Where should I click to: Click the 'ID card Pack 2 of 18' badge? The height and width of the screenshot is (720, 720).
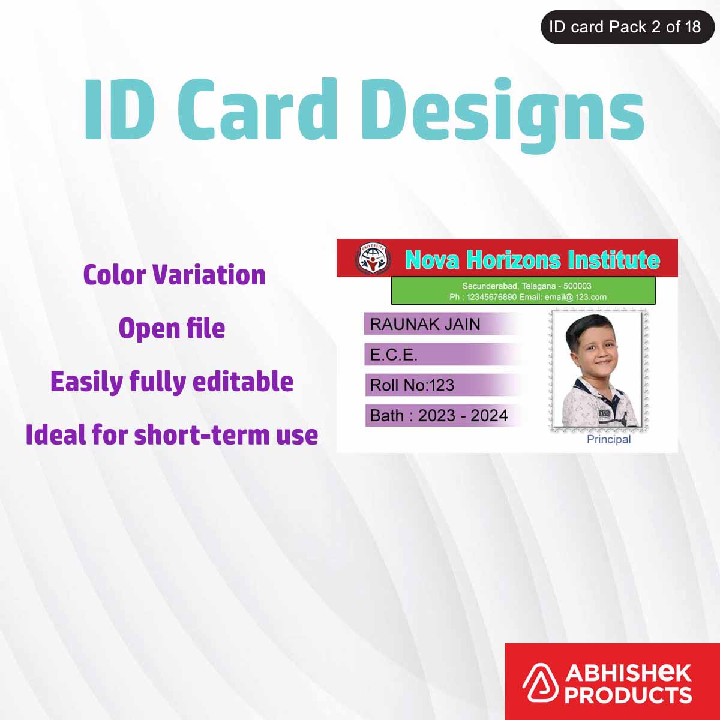point(625,27)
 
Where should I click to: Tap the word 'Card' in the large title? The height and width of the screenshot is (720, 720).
point(257,110)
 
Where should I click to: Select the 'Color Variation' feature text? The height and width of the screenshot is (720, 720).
point(174,275)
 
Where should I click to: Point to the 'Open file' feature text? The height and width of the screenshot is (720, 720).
point(172,328)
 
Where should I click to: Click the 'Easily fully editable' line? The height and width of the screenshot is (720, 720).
point(172,382)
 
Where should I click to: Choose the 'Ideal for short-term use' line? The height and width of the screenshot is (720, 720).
point(172,435)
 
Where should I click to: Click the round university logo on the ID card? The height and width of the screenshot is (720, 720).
point(372,259)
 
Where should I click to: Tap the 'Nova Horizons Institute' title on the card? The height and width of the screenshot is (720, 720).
point(532,259)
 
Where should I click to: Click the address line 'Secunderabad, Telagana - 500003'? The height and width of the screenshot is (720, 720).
point(526,286)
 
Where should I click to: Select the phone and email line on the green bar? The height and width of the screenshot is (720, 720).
point(527,297)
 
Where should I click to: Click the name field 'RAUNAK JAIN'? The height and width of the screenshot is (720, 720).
point(425,324)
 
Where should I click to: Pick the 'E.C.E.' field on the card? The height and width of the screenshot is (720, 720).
point(394,355)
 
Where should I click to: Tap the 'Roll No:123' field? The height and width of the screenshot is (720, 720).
point(412,385)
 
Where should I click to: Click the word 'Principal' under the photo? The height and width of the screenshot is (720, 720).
point(608,439)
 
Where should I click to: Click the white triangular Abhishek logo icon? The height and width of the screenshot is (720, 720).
point(542,683)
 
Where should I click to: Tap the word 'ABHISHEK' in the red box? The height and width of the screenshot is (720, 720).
point(628,673)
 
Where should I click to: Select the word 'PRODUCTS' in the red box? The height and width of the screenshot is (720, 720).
point(628,695)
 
